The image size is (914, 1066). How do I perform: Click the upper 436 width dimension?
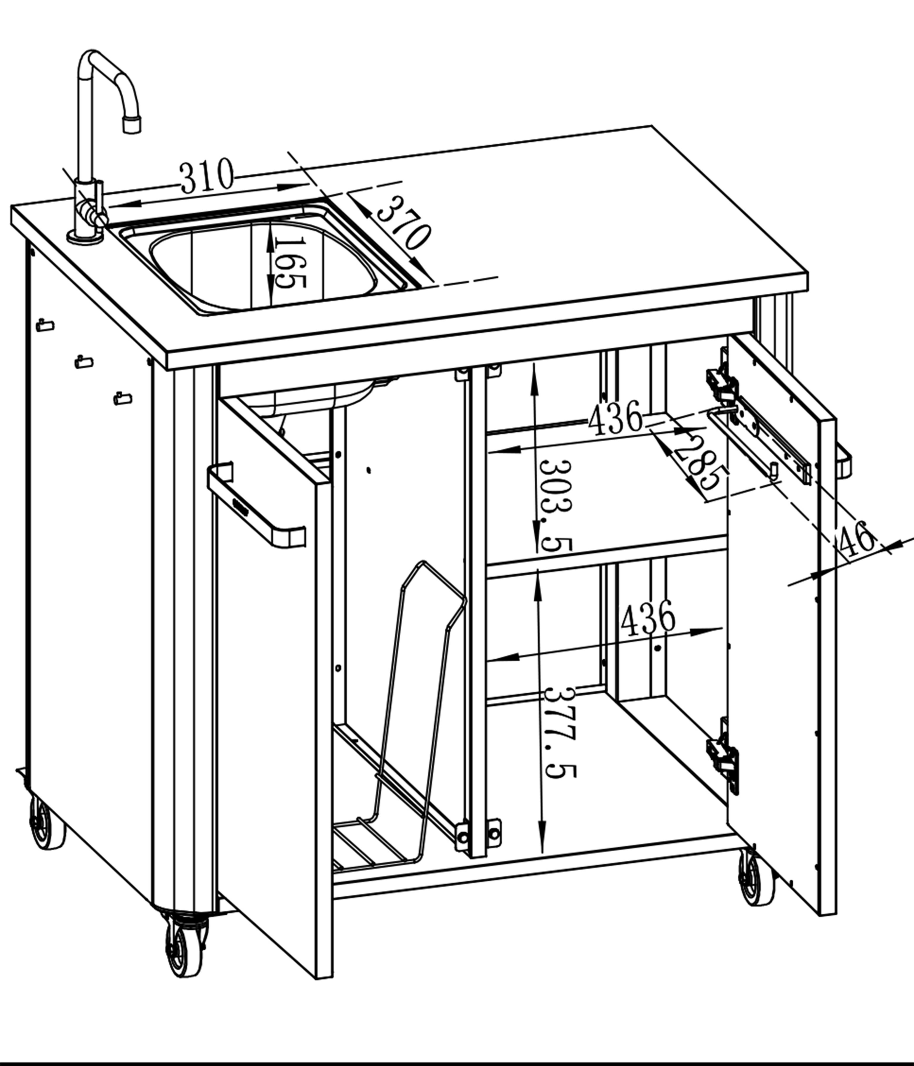pyautogui.click(x=616, y=418)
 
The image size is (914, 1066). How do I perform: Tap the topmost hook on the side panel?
pyautogui.click(x=45, y=325)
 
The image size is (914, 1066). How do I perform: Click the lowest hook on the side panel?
pyautogui.click(x=123, y=398)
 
